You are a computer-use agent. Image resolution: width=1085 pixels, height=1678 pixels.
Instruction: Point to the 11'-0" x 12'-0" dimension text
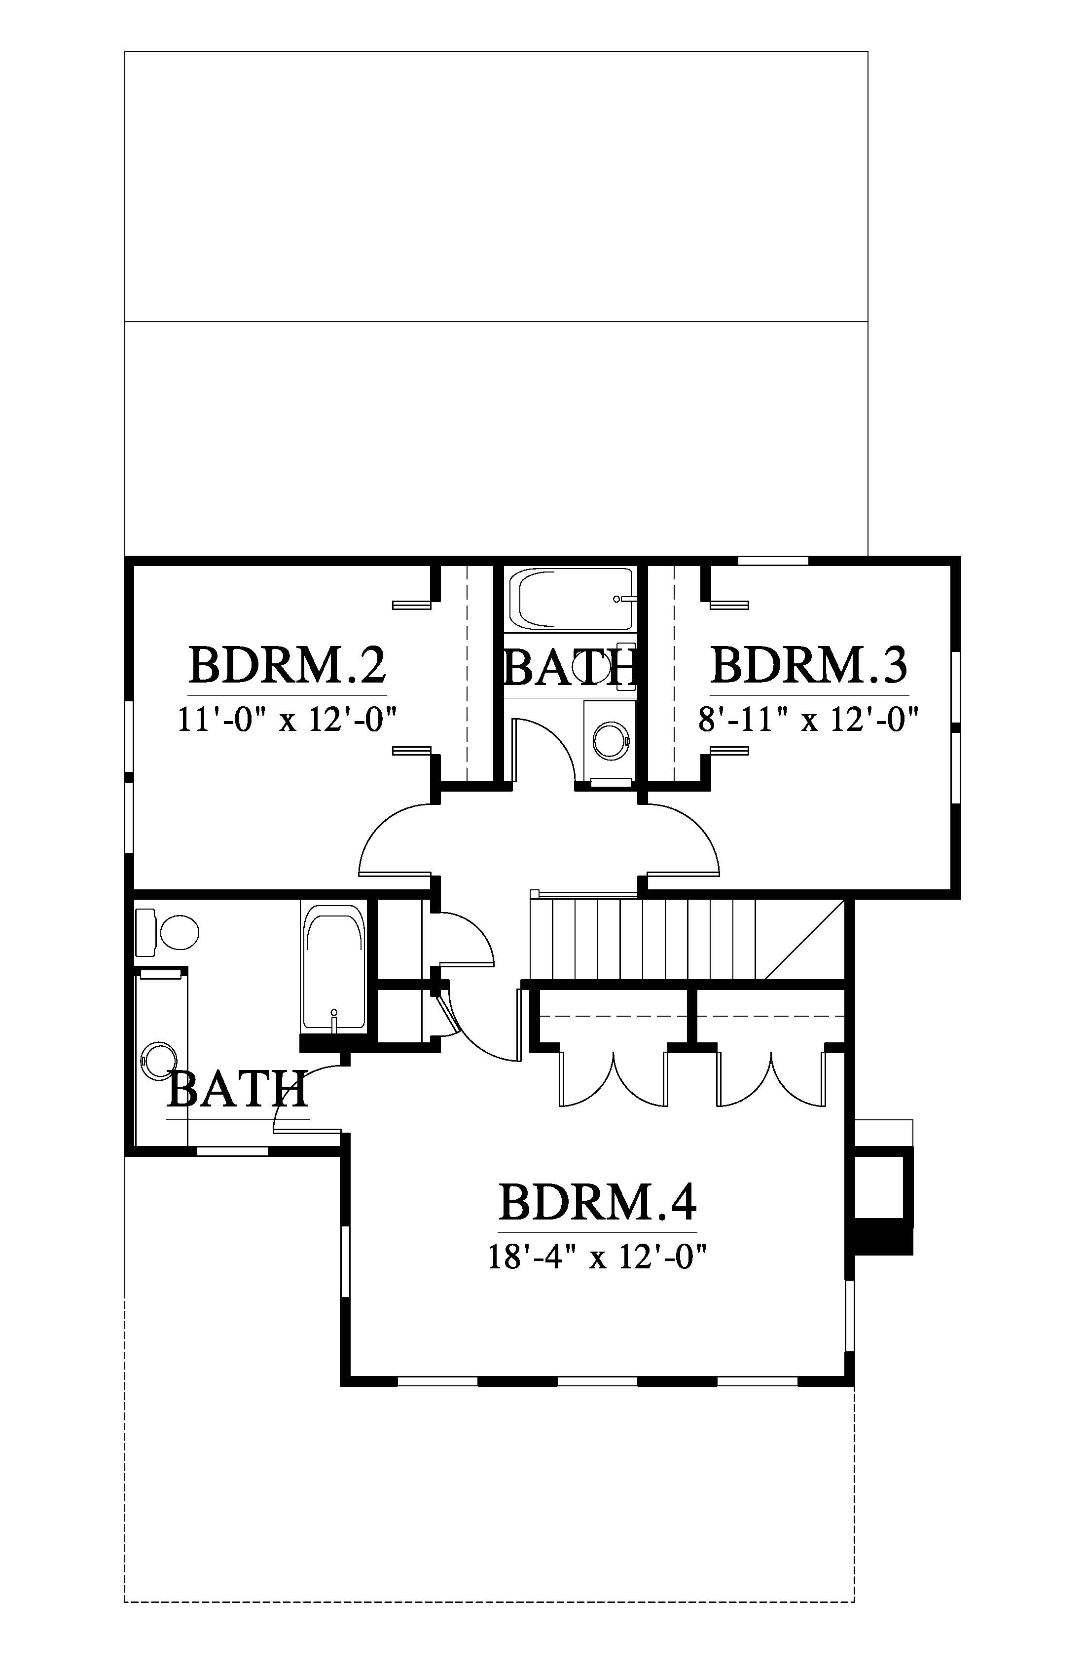[x=288, y=720]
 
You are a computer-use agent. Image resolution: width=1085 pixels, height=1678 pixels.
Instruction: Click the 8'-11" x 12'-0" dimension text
[x=809, y=720]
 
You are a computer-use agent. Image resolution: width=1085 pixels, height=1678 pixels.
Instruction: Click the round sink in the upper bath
[x=610, y=740]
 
